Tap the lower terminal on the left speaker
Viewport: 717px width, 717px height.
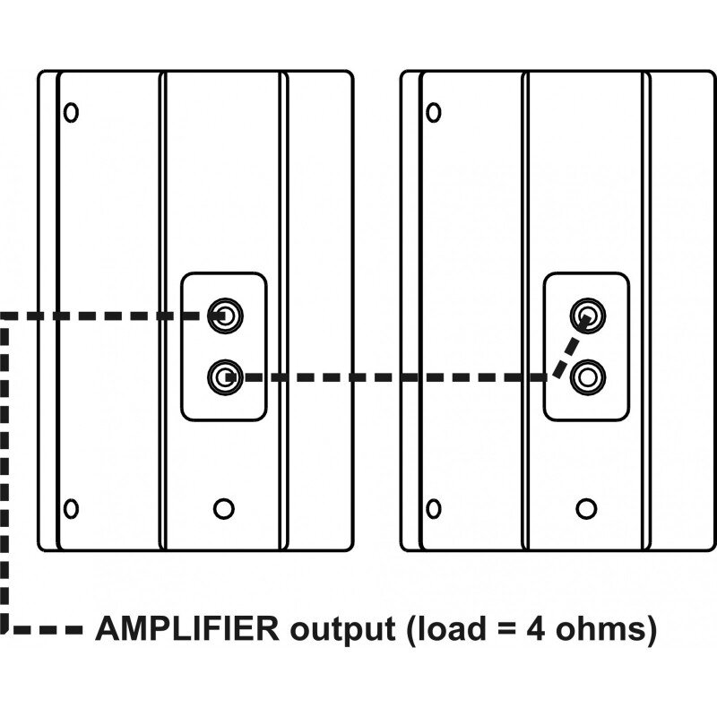[x=225, y=376]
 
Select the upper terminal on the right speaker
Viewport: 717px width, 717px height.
[x=587, y=315]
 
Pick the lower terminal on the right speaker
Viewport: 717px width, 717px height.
[x=587, y=376]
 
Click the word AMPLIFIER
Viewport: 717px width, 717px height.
[x=187, y=628]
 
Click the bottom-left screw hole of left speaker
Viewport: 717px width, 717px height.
[x=72, y=508]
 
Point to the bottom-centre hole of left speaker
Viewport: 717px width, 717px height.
[x=224, y=508]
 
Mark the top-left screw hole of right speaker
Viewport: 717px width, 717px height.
[x=434, y=113]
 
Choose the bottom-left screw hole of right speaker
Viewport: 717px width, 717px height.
[x=434, y=508]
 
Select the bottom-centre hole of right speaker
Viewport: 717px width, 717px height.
[x=586, y=508]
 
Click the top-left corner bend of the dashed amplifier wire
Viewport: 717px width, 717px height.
[x=6, y=315]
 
